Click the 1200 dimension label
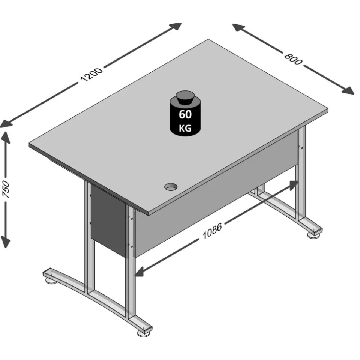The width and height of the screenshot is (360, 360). click(x=91, y=74)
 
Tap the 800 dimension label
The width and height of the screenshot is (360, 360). click(x=293, y=59)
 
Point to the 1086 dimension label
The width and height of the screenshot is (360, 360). click(x=212, y=231)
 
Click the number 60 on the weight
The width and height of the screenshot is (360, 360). click(x=185, y=114)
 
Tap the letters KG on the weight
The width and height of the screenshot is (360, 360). click(x=185, y=128)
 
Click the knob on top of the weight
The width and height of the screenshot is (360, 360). click(x=185, y=98)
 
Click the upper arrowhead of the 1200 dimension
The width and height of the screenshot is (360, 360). click(x=175, y=26)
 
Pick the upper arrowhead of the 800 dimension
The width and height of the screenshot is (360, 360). click(x=239, y=27)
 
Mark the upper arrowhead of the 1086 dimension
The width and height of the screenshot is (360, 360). click(x=293, y=185)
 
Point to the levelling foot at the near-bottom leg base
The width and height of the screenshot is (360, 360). click(x=143, y=333)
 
